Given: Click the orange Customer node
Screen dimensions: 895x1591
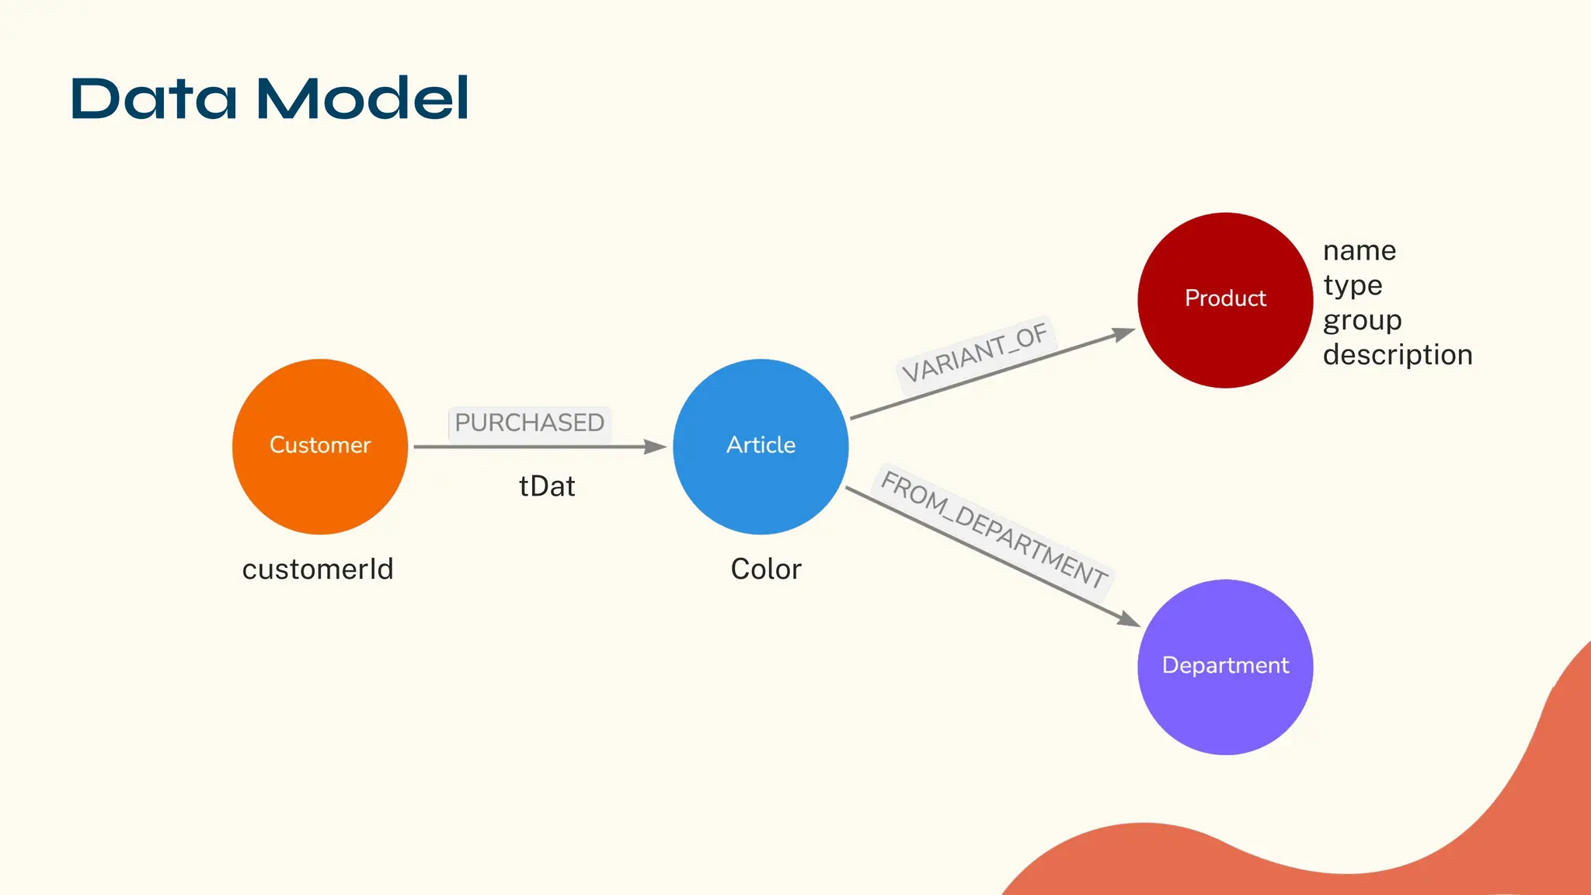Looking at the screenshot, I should pos(320,447).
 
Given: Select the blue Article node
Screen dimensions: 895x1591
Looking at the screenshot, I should pos(761,447).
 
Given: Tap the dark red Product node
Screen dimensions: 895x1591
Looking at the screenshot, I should pos(1225,300).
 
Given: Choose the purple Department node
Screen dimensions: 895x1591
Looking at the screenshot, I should pos(1225,667).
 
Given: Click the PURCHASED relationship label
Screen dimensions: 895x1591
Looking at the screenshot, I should pos(530,423).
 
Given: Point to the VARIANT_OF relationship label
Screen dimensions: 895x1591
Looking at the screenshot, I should pos(975,353).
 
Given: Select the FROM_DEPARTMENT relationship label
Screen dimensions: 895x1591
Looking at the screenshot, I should pos(994,529).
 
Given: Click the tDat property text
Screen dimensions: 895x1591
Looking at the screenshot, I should pos(547,487).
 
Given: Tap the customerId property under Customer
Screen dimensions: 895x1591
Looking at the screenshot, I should pos(318,569).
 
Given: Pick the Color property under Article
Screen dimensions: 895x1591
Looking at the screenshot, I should pos(766,569).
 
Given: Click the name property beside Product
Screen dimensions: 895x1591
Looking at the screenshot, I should pos(1359,251).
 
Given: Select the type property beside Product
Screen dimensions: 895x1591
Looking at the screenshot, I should pos(1353,286).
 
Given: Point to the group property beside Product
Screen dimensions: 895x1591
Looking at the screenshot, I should pos(1362,321).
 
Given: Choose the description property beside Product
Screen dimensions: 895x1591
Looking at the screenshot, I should pos(1398,355).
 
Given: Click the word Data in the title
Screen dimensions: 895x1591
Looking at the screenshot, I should pos(154,99).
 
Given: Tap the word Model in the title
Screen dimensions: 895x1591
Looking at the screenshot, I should pos(363,99).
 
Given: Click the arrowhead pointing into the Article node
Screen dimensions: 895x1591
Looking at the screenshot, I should pos(656,447).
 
